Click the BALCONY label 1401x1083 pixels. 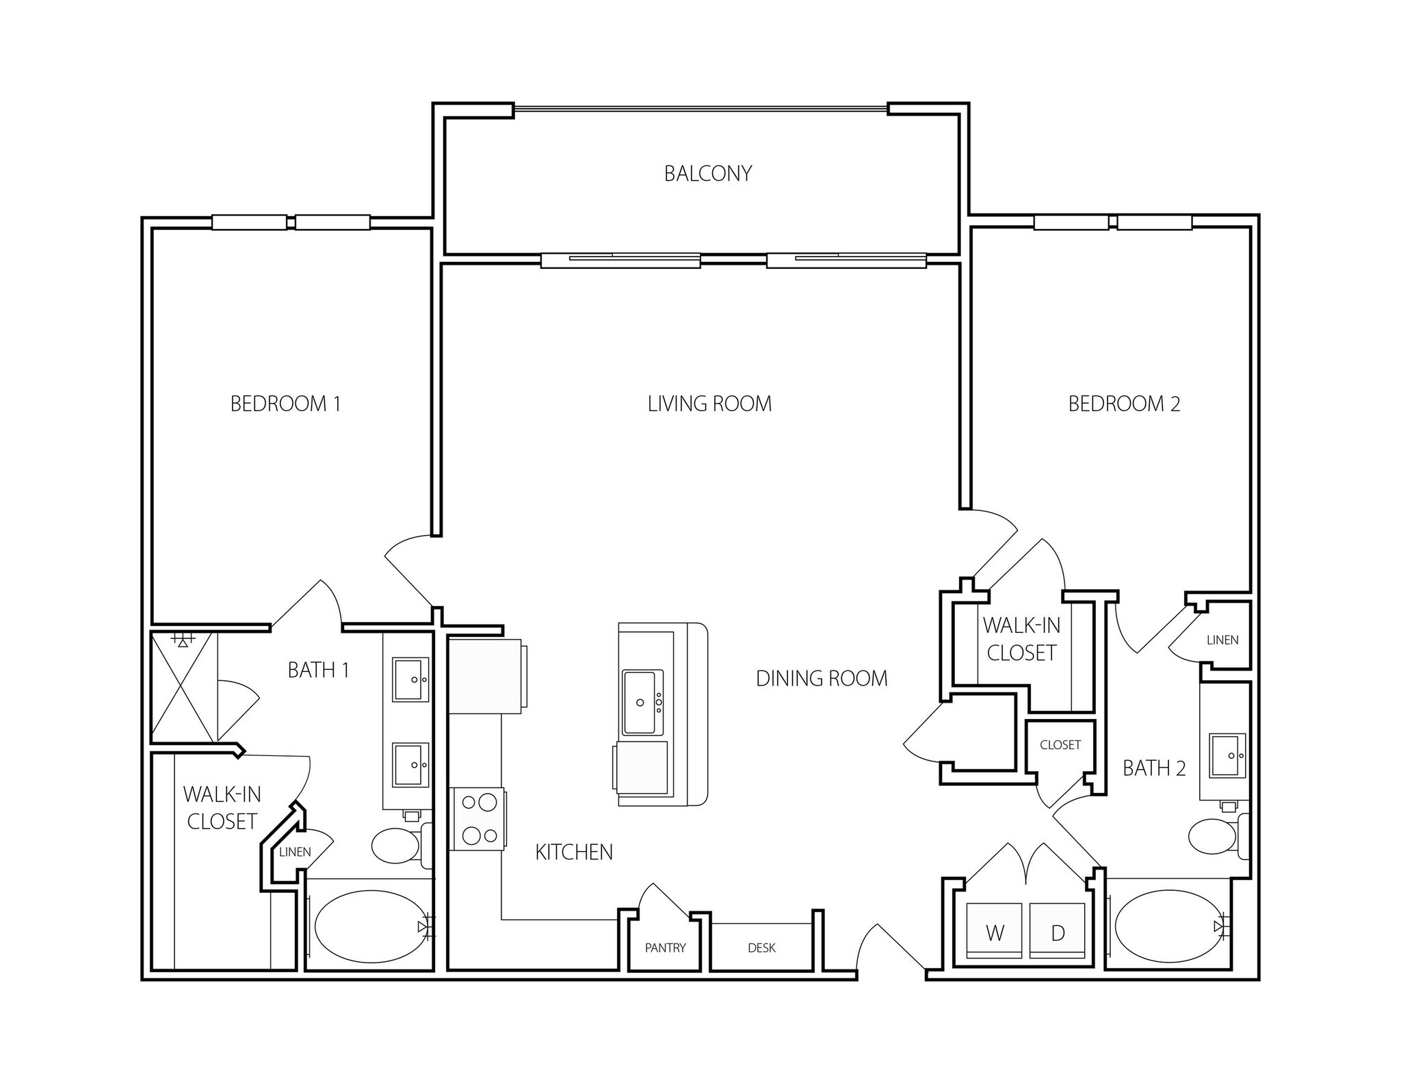[708, 173]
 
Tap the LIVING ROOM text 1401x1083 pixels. [709, 404]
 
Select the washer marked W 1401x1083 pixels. [994, 932]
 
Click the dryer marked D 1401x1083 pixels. [1057, 932]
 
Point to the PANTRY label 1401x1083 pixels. [665, 948]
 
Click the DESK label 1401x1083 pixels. [761, 948]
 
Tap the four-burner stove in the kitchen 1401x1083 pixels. [477, 818]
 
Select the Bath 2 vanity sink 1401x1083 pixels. [1227, 755]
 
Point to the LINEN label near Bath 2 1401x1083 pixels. [1222, 640]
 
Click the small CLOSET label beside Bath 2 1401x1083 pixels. [1060, 744]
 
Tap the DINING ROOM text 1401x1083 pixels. [822, 678]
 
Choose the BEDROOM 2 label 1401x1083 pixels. [1124, 404]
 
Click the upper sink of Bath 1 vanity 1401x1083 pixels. [410, 679]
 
